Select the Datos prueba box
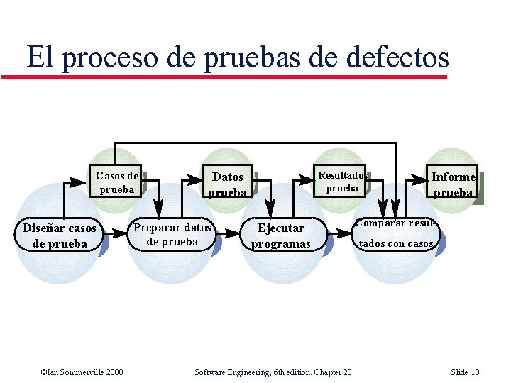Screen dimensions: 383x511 (x=228, y=184)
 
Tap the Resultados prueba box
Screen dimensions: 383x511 (x=342, y=182)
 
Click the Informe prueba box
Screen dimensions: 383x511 (x=453, y=184)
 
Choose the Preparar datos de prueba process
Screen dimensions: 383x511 (x=172, y=234)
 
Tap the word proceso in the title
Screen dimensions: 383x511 (x=107, y=57)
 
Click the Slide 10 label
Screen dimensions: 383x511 (x=465, y=372)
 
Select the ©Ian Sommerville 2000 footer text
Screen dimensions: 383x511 (x=82, y=372)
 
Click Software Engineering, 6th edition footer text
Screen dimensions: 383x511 (x=273, y=372)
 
